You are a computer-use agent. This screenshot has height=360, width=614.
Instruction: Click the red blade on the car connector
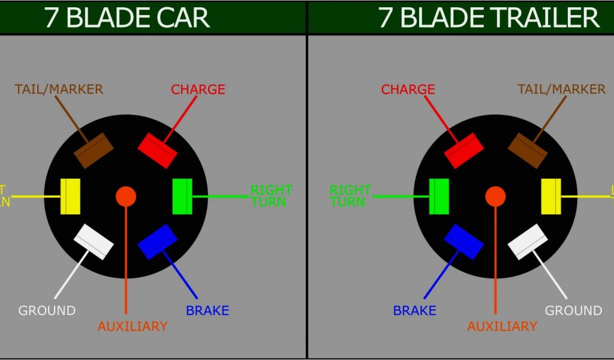tap(157, 150)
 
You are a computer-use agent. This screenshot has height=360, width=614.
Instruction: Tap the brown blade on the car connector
tap(94, 150)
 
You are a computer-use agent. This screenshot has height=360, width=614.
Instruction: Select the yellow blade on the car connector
tap(71, 196)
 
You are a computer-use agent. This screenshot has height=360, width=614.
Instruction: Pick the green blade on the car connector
tap(182, 196)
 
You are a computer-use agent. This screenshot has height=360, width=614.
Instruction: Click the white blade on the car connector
tap(94, 242)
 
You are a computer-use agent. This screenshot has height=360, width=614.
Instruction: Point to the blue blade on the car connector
tap(158, 242)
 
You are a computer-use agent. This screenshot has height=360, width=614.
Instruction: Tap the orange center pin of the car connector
tap(126, 196)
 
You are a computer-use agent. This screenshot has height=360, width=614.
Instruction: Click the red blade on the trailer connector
tap(463, 150)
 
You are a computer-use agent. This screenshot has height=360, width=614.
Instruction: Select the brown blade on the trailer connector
tap(528, 150)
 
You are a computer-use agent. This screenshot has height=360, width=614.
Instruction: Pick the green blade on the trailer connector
tap(440, 196)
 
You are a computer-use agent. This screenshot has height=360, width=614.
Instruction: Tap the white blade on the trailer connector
tap(528, 242)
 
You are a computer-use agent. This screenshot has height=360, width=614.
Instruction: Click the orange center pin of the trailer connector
tap(495, 196)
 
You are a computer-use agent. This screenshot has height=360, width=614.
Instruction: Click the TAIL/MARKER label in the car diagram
tap(59, 89)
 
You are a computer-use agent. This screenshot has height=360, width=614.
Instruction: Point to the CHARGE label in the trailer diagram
tap(408, 89)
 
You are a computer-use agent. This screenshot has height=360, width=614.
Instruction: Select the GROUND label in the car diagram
tap(47, 311)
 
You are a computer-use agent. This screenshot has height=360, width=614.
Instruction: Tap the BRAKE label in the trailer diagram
tap(414, 311)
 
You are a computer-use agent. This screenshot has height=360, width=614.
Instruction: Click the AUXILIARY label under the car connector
tap(132, 326)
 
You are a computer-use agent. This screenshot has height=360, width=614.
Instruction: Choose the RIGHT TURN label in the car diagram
tap(271, 196)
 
